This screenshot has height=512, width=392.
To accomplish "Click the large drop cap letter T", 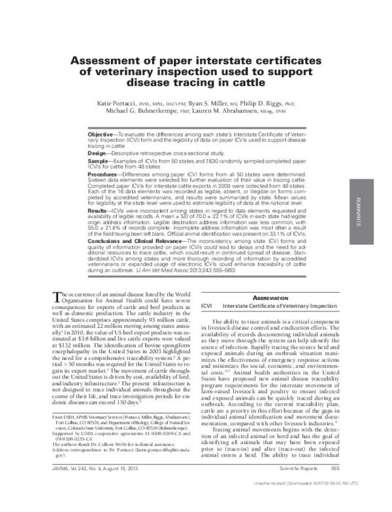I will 56,296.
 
